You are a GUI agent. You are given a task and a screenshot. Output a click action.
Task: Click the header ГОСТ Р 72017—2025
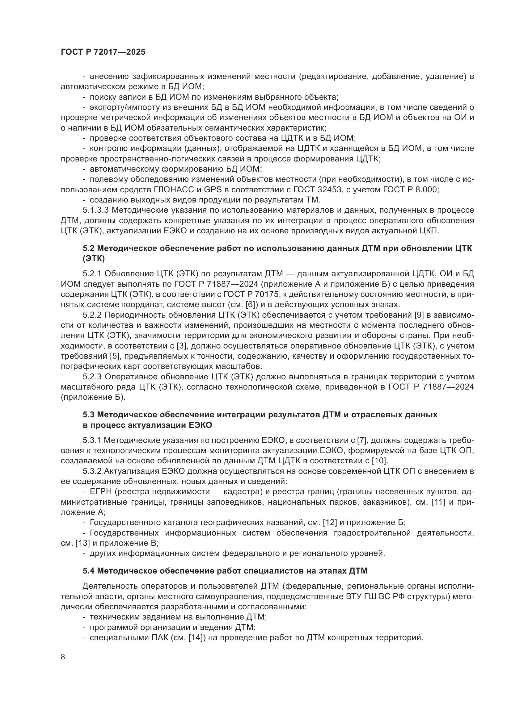(x=103, y=52)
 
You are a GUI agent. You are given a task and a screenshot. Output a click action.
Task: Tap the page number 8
(x=63, y=657)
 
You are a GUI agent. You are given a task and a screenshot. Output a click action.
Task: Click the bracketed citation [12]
(x=330, y=523)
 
